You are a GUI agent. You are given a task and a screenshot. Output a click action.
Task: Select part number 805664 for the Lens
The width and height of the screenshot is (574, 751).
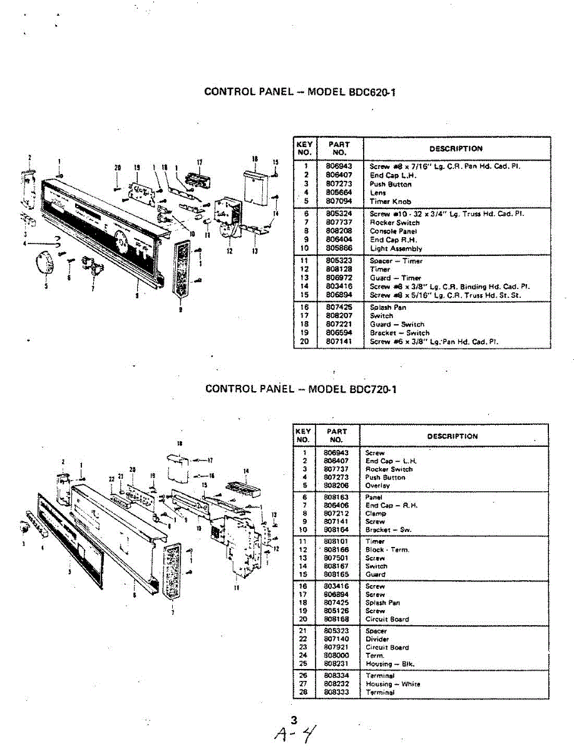[x=339, y=193]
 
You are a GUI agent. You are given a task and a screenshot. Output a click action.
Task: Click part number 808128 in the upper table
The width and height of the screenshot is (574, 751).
[x=339, y=269]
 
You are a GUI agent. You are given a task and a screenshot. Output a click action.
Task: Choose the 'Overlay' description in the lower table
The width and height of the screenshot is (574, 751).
[x=377, y=485]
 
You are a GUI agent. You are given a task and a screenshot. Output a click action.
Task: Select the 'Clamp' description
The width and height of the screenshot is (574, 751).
[x=376, y=513]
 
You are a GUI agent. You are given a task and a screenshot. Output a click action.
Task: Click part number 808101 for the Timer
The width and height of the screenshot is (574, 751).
[x=336, y=541]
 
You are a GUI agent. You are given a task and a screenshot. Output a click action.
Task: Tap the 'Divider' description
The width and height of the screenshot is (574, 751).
[x=377, y=639]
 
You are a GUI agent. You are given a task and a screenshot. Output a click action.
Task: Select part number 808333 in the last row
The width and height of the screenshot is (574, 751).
[x=336, y=692]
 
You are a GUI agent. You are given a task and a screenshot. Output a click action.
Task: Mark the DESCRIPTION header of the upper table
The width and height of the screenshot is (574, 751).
[x=456, y=149]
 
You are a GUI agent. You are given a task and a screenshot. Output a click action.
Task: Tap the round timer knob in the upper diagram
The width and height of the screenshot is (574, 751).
[x=44, y=260]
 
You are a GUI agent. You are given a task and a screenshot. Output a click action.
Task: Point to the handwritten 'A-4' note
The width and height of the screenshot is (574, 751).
[x=294, y=733]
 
